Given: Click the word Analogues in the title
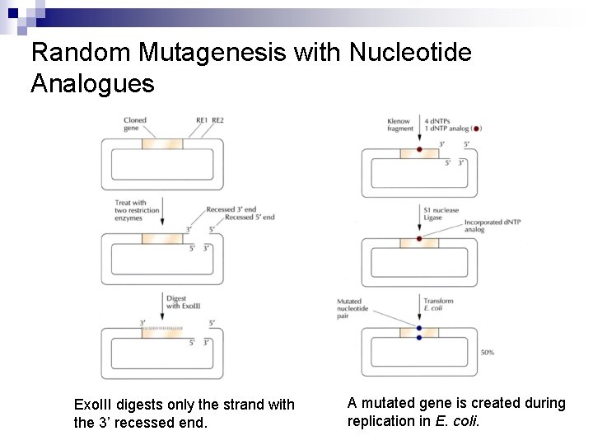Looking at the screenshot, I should pyautogui.click(x=92, y=83).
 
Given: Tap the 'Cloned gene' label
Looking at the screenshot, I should pyautogui.click(x=134, y=124).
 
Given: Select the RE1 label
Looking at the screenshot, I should pyautogui.click(x=201, y=120).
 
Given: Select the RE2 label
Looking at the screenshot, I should pyautogui.click(x=217, y=120).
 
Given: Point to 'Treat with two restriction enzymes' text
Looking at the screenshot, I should pyautogui.click(x=131, y=210).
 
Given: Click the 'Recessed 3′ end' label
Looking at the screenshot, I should pyautogui.click(x=231, y=209).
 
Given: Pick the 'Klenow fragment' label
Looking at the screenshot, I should pyautogui.click(x=399, y=125).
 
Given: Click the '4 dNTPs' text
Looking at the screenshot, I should pyautogui.click(x=439, y=121).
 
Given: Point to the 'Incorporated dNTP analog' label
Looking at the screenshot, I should pyautogui.click(x=486, y=226).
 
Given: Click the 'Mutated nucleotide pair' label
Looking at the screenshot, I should pyautogui.click(x=353, y=308).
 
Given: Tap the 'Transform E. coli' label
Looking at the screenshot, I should pyautogui.click(x=438, y=305).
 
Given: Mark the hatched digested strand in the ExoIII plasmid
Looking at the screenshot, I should pyautogui.click(x=162, y=328).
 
